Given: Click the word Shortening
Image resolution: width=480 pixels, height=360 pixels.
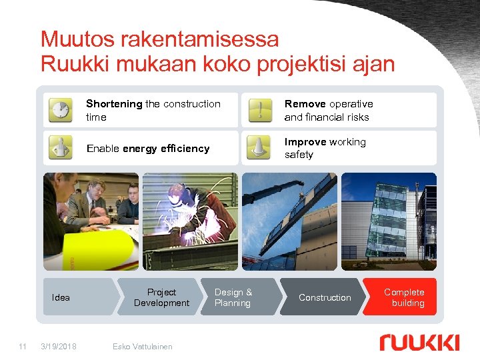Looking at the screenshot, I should tap(114, 104).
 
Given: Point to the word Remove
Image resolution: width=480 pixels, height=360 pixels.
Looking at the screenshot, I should tap(305, 104).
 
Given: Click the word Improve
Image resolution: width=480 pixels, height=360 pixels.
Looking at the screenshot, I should tap(305, 142).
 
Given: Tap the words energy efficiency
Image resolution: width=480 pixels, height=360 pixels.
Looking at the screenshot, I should tap(166, 149).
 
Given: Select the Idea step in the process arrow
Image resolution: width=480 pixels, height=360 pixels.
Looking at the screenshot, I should tap(61, 297).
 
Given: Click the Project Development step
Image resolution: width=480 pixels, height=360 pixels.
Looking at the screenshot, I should tap(161, 297).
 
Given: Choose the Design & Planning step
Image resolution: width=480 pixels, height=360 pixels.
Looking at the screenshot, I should tap(233, 297).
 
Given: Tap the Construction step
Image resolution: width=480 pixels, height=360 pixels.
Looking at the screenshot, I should tap(325, 297).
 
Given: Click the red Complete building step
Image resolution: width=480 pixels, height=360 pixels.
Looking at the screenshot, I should tap(404, 297).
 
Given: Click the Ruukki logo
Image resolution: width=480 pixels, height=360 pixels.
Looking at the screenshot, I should tap(419, 343).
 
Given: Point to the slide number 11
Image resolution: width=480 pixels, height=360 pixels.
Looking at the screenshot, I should tap(23, 346).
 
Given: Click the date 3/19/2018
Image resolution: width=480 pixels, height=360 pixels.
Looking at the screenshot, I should tap(59, 346).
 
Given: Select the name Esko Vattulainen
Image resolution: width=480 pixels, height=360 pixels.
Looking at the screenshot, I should tap(143, 346).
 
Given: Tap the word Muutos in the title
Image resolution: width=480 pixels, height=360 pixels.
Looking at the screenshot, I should tap(77, 39).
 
